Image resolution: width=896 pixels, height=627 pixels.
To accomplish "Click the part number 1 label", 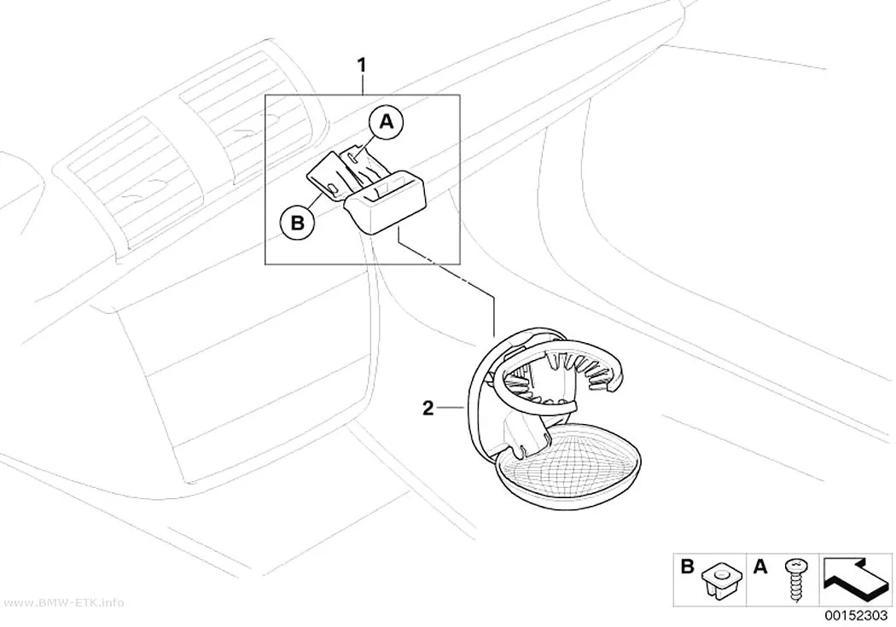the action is (361, 65).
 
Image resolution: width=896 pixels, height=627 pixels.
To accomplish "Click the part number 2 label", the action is (428, 409).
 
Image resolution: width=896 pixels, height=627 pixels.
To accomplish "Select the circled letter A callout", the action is (387, 122).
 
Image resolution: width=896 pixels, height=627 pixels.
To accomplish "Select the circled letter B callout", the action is (298, 222).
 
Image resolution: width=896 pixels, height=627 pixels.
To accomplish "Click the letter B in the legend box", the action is (688, 567).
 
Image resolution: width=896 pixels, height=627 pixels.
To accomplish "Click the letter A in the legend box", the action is (760, 567).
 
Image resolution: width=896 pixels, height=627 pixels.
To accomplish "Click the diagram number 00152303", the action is (855, 616).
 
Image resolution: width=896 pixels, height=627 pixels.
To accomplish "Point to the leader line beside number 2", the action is (453, 408).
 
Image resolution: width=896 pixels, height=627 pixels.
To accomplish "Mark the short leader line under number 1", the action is (362, 84).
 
